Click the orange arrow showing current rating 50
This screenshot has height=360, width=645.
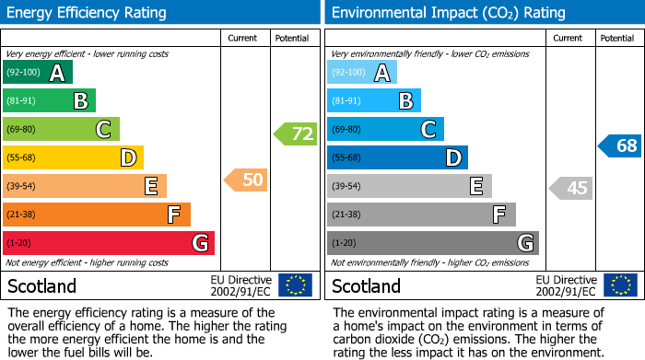pyautogui.click(x=246, y=180)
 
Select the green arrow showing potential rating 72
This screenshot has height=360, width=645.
pyautogui.click(x=295, y=134)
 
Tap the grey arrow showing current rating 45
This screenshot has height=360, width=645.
pyautogui.click(x=570, y=189)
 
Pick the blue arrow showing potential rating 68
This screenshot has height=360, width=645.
pyautogui.click(x=619, y=145)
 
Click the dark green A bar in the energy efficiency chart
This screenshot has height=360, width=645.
pyautogui.click(x=38, y=73)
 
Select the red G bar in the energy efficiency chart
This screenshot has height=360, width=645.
pyautogui.click(x=109, y=243)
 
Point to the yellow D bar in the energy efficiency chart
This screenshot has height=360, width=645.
pyautogui.click(x=73, y=158)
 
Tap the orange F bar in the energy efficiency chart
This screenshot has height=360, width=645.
pyautogui.click(x=97, y=215)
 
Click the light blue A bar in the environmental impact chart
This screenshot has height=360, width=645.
pyautogui.click(x=362, y=73)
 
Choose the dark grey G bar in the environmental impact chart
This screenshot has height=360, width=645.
pyautogui.click(x=432, y=243)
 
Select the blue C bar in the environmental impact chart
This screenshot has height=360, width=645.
pyautogui.click(x=385, y=130)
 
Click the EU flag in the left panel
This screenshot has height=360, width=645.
pyautogui.click(x=295, y=285)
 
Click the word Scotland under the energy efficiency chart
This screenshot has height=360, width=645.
pyautogui.click(x=41, y=285)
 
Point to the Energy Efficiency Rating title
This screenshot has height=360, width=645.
pyautogui.click(x=87, y=13)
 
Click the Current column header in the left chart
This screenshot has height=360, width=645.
pyautogui.click(x=244, y=38)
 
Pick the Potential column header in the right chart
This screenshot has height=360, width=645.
pyautogui.click(x=617, y=38)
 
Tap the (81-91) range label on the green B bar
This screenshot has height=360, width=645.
pyautogui.click(x=22, y=101)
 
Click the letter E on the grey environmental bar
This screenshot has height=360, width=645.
pyautogui.click(x=476, y=187)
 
